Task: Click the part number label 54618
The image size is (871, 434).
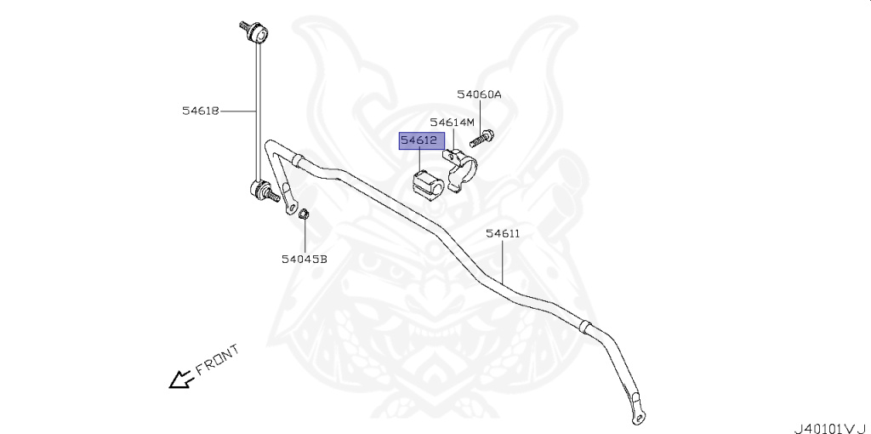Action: click(x=201, y=110)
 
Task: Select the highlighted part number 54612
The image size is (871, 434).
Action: click(x=419, y=140)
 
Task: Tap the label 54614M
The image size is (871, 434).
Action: click(x=452, y=123)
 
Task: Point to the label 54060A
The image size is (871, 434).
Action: click(x=479, y=94)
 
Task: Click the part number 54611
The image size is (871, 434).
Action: click(x=503, y=232)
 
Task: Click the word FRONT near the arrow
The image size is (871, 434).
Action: click(x=217, y=359)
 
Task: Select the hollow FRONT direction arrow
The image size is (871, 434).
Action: click(x=180, y=379)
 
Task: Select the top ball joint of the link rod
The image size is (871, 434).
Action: click(x=258, y=35)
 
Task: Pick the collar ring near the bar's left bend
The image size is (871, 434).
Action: click(x=296, y=159)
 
